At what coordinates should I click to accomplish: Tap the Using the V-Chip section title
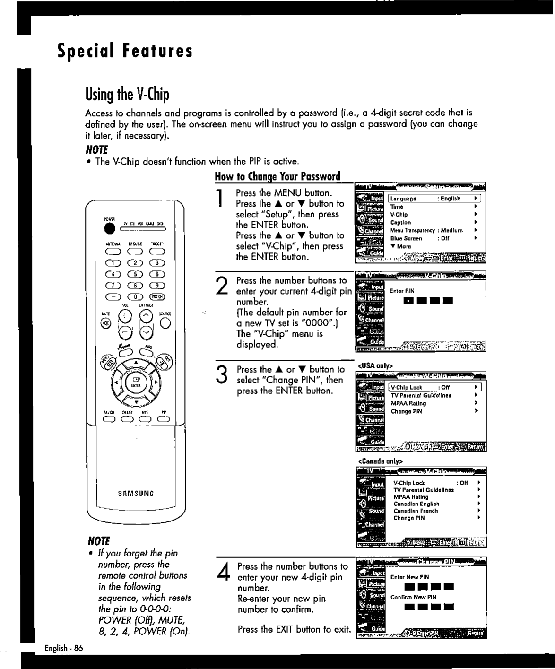[127, 94]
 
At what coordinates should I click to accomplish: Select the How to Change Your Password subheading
[277, 176]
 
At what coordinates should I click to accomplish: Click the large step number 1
[219, 198]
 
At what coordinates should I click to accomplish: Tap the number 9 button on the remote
[157, 286]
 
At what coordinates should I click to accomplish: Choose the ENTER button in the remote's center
[136, 382]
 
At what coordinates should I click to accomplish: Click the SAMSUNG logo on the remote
[136, 494]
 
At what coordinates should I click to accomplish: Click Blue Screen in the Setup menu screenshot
[406, 239]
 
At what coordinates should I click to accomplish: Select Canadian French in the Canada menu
[416, 511]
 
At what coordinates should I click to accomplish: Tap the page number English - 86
[64, 648]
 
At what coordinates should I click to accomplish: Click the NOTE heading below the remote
[98, 541]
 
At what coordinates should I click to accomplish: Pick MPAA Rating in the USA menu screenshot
[408, 403]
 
